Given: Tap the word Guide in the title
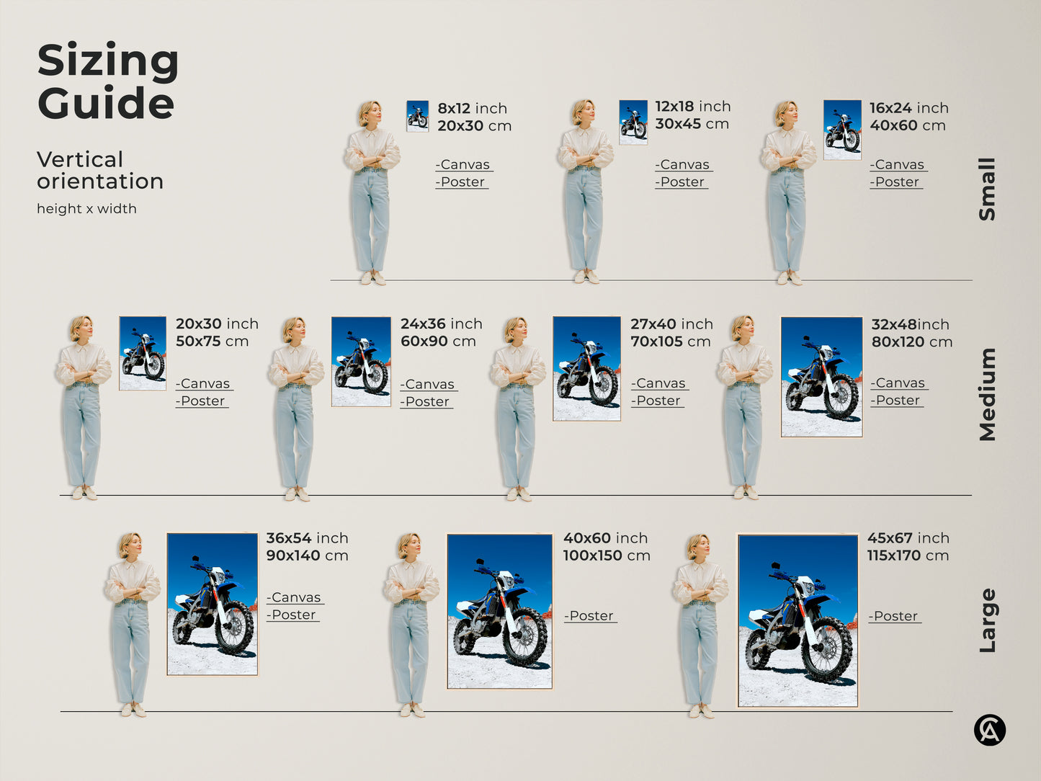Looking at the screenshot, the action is (x=106, y=102).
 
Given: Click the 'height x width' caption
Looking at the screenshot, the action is (x=86, y=209).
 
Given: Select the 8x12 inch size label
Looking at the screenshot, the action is (x=473, y=109).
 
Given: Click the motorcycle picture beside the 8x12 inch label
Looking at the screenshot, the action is (x=417, y=116).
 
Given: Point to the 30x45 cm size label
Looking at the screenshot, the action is (x=692, y=124).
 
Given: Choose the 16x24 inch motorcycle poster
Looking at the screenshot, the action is (x=842, y=130).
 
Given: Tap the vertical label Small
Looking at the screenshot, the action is (x=987, y=189).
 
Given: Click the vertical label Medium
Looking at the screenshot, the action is (x=987, y=395).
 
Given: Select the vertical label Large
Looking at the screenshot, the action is (x=987, y=620).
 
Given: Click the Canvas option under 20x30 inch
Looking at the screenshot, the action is (x=204, y=383).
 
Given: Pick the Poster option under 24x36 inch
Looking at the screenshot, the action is (x=426, y=402).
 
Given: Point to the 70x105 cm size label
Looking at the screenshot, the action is (x=671, y=342).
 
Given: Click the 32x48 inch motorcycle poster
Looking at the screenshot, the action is (x=821, y=377).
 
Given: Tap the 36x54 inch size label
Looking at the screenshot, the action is (x=308, y=538).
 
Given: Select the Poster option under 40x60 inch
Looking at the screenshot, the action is (x=591, y=616).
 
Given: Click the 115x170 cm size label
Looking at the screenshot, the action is (x=908, y=555).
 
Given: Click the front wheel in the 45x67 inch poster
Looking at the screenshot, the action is (x=826, y=650).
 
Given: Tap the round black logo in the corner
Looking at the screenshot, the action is (x=990, y=730).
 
